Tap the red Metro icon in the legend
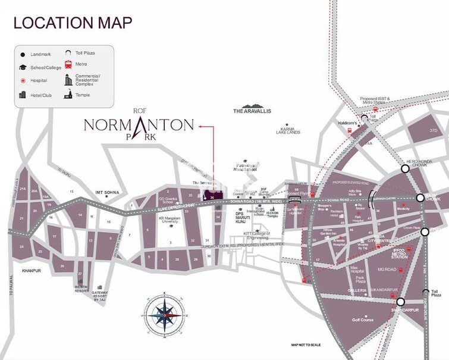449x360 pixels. click(69, 64)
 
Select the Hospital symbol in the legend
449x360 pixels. click(22, 80)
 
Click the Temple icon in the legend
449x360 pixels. click(69, 95)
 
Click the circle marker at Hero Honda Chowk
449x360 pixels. click(405, 168)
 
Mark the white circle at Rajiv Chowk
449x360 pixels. click(420, 198)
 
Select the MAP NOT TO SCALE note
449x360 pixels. click(306, 345)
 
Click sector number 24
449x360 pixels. click(21, 246)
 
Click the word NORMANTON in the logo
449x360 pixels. click(139, 124)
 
